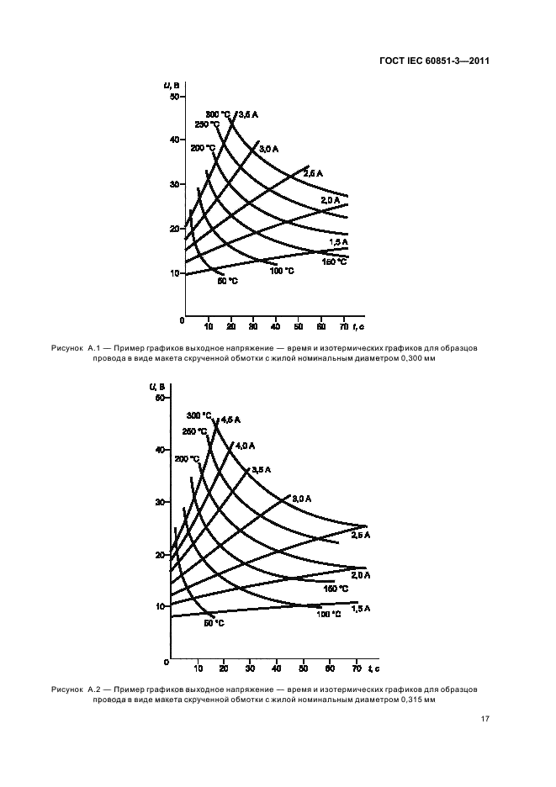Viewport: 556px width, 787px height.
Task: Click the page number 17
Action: click(485, 719)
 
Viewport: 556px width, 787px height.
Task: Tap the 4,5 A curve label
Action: click(228, 419)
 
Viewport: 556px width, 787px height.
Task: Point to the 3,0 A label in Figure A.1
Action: click(268, 149)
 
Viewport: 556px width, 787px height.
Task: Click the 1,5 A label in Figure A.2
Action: click(361, 607)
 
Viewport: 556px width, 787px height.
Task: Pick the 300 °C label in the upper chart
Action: click(218, 114)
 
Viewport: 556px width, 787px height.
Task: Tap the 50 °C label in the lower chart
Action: click(214, 623)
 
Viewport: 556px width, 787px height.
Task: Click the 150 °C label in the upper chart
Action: click(335, 261)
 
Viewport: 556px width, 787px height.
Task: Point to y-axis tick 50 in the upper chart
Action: click(175, 97)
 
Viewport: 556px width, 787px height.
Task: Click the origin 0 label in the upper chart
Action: click(182, 320)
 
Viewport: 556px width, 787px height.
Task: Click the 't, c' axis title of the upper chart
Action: click(357, 324)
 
